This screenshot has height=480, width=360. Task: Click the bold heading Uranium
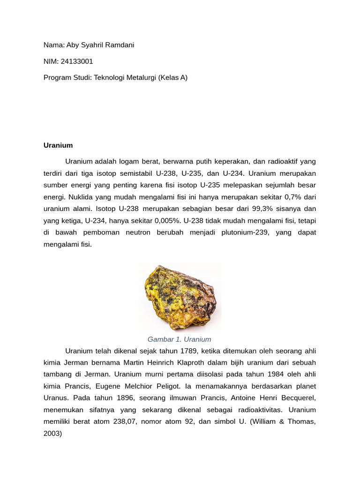(x=58, y=145)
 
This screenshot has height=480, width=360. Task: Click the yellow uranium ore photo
(x=180, y=297)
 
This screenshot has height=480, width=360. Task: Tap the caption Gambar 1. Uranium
(x=180, y=339)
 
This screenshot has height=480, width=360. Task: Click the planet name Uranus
(x=56, y=398)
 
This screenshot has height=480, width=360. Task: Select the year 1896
(x=122, y=398)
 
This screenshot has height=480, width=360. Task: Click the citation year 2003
(x=52, y=434)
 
